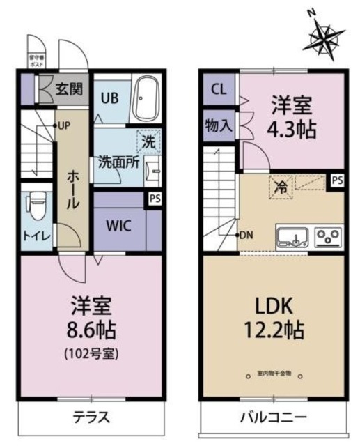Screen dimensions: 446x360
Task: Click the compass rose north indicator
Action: pyautogui.click(x=324, y=35)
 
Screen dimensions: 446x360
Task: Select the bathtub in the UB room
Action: pyautogui.click(x=147, y=99)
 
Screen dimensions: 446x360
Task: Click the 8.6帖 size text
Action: pyautogui.click(x=92, y=328)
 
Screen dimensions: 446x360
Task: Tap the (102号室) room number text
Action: pyautogui.click(x=92, y=353)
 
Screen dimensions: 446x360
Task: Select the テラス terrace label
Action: pyautogui.click(x=92, y=418)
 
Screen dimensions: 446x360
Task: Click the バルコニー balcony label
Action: pyautogui.click(x=273, y=418)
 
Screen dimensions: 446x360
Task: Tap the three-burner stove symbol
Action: pyautogui.click(x=327, y=237)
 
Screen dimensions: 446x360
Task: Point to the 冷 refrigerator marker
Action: pyautogui.click(x=280, y=187)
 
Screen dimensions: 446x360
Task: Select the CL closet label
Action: pyautogui.click(x=219, y=89)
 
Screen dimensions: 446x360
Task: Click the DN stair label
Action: pyautogui.click(x=246, y=235)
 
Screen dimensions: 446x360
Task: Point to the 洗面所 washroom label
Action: pyautogui.click(x=117, y=160)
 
